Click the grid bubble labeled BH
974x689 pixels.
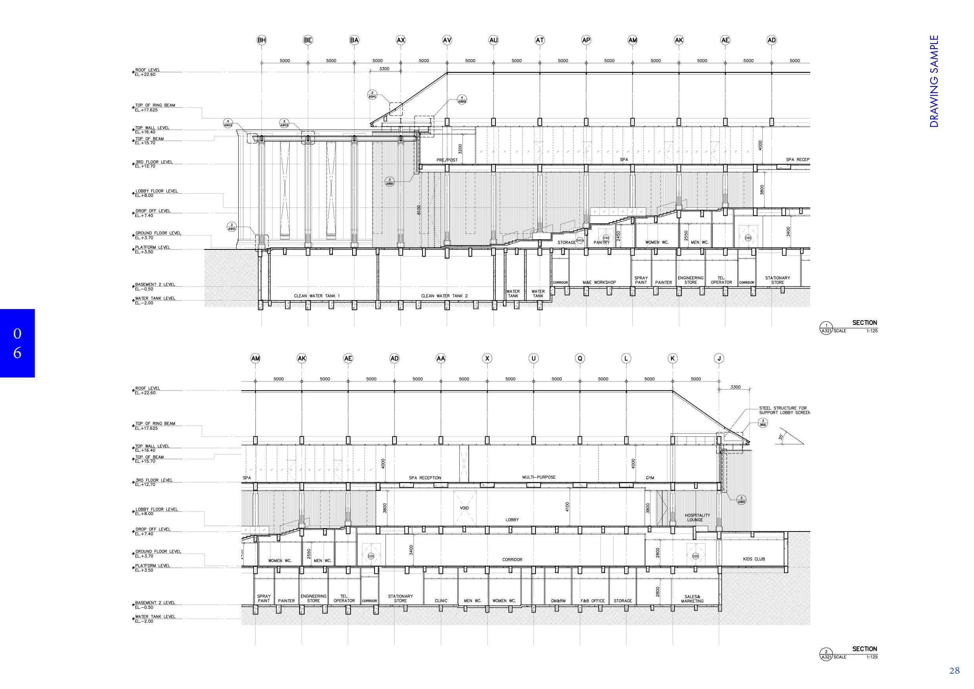tap(262, 40)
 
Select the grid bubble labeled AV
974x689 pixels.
tap(447, 40)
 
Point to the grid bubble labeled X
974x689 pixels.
tap(488, 359)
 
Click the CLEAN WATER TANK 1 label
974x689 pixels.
tap(317, 296)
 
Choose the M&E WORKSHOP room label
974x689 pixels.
tap(599, 282)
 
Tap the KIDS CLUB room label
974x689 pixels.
tap(754, 559)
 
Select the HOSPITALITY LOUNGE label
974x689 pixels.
tap(697, 517)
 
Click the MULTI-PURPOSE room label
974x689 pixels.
tap(539, 477)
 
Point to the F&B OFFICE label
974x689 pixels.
tap(592, 601)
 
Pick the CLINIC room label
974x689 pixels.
tap(441, 601)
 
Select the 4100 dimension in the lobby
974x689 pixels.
tap(567, 507)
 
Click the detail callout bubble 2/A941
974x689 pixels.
tap(372, 95)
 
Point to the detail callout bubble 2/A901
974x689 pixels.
tap(232, 227)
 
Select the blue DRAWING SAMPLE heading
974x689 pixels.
tap(934, 81)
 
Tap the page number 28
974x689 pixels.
tap(954, 670)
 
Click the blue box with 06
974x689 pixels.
tap(17, 343)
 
